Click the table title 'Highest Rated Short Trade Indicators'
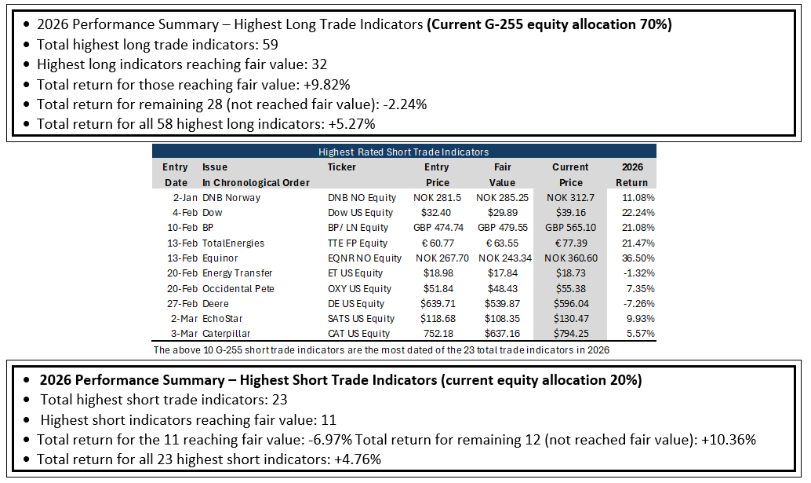click(x=403, y=152)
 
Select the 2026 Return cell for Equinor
click(x=638, y=258)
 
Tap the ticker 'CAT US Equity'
click(x=359, y=334)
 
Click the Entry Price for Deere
click(x=437, y=303)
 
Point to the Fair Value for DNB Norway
click(x=502, y=197)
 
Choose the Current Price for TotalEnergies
click(x=571, y=243)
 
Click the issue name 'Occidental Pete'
click(x=238, y=288)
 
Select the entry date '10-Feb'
click(x=183, y=227)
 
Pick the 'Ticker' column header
click(x=341, y=167)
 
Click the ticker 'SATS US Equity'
click(x=361, y=318)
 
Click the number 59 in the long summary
click(x=270, y=45)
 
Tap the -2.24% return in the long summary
click(x=405, y=104)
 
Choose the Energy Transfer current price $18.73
click(x=571, y=273)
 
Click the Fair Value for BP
click(x=503, y=227)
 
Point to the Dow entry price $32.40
click(x=436, y=212)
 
